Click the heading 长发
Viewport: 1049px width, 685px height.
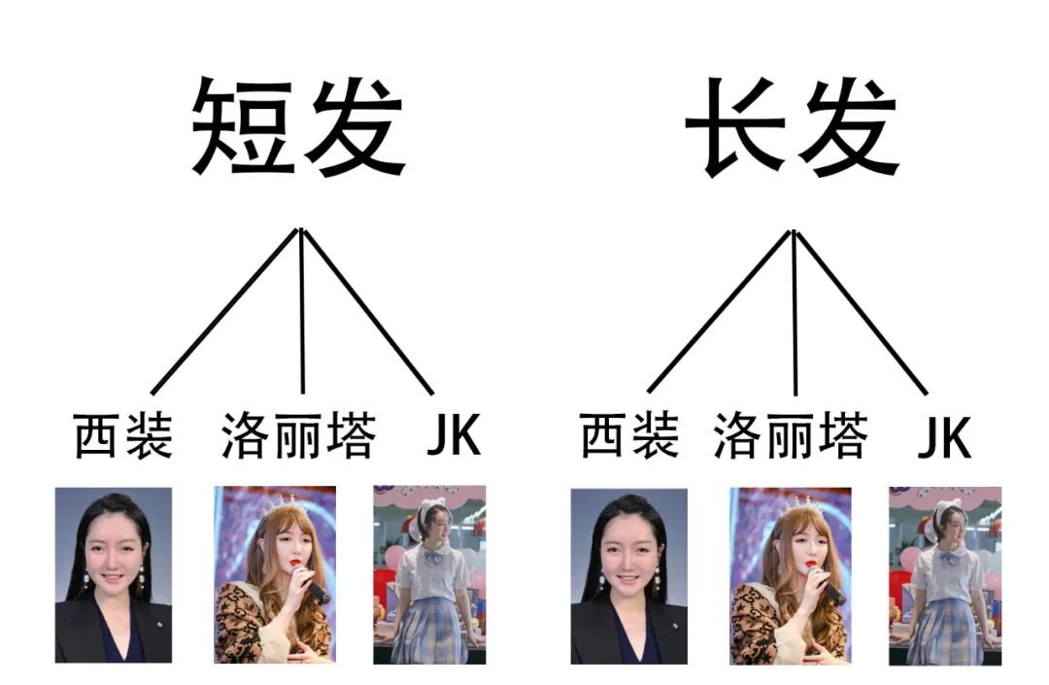point(793,127)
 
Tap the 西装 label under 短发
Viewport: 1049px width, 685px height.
point(123,436)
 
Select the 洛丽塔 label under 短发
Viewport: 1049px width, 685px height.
point(298,436)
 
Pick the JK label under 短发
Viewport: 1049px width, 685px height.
point(454,437)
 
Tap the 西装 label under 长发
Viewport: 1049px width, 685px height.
point(629,436)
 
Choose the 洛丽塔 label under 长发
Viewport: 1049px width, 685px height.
point(791,436)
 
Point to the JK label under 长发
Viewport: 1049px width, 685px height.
point(944,439)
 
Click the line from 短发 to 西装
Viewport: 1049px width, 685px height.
point(223,311)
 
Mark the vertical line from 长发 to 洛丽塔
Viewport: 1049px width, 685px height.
point(795,311)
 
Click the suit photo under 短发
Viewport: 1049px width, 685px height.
point(113,575)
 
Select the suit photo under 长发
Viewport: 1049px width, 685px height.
point(628,575)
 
